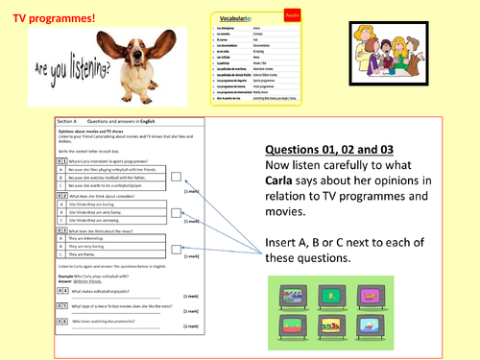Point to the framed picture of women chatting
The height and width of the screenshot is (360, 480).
(390, 56)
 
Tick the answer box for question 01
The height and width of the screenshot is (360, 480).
(176, 179)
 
